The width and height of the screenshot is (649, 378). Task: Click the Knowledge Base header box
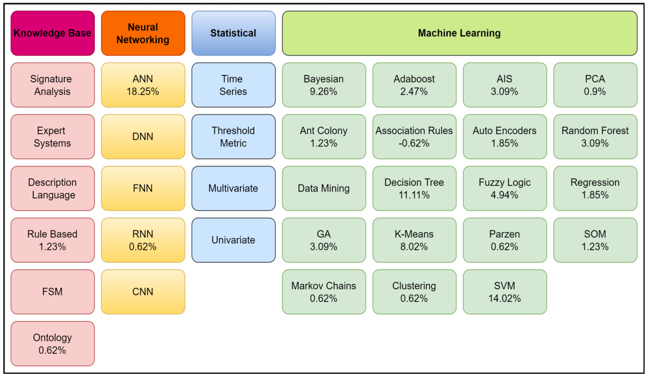[x=53, y=33]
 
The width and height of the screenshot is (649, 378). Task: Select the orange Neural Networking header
[x=143, y=33]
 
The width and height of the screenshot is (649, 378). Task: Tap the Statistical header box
[x=233, y=33]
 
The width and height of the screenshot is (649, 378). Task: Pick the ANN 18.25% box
[x=143, y=85]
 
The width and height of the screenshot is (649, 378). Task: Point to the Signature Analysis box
[x=53, y=85]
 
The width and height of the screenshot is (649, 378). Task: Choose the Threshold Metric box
[x=233, y=137]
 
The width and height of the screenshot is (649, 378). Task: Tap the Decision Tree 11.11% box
[x=414, y=188]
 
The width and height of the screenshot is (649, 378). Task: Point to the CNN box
[x=143, y=292]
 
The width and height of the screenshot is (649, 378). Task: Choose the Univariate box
[x=233, y=240]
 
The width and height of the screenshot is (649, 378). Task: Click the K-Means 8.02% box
[x=414, y=240]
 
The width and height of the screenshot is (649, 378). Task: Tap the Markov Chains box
[x=324, y=292]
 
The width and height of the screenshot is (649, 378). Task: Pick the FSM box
[x=53, y=292]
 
